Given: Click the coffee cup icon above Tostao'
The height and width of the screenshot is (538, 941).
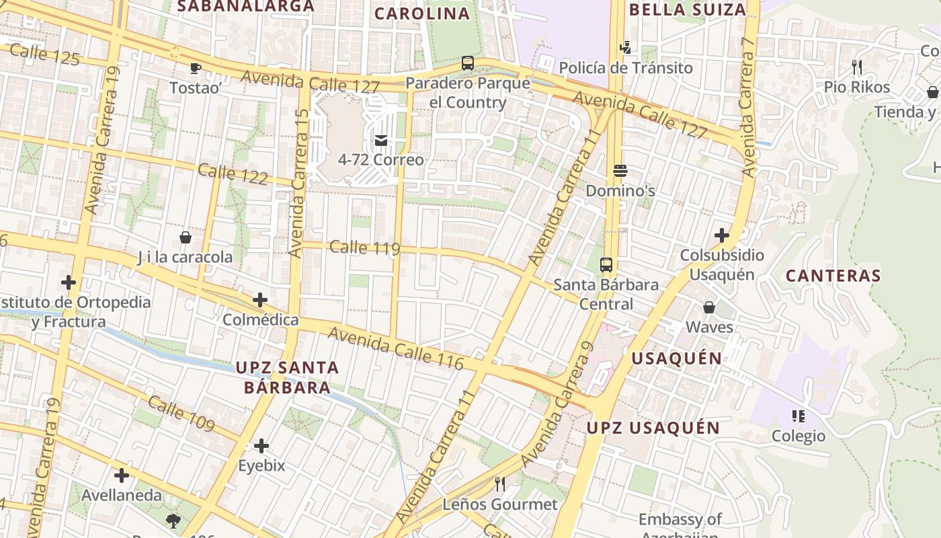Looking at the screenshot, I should pos(195,68).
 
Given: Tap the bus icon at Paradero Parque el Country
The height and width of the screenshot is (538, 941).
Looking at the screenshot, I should pos(468,63).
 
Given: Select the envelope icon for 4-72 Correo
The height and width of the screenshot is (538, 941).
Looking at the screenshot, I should pos(381,140).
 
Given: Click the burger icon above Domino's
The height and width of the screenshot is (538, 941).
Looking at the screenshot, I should pos(620,171).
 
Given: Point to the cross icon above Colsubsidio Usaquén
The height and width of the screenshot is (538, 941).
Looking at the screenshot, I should pos(722,235).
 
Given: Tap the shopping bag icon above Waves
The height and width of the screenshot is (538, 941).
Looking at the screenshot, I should pos(708,307).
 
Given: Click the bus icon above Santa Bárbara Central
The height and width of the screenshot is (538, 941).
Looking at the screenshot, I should pos(606,264).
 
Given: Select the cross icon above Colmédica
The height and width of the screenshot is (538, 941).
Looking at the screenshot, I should pos(260,300).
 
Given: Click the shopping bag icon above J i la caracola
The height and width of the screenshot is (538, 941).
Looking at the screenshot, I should pos(185,237).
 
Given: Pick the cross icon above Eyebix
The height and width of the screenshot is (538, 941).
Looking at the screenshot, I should pos(261,445).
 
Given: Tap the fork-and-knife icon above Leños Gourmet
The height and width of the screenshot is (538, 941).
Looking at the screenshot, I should pos(499,484).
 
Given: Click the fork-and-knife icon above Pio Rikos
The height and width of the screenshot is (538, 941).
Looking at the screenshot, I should pos(856,67).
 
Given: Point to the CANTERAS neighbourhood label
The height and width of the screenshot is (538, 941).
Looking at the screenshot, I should pos(833,276).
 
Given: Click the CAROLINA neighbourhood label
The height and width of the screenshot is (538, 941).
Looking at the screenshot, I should pos(422,13).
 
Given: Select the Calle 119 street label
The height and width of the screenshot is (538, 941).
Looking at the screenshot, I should pos(365,247).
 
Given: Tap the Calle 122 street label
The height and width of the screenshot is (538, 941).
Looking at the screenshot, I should pos(233,174).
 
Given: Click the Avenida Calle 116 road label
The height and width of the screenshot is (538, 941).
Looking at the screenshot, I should pos(396,348).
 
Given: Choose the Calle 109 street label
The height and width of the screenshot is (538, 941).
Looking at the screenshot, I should pos(181,414).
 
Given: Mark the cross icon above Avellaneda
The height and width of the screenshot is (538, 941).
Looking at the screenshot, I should pos(122,475).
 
